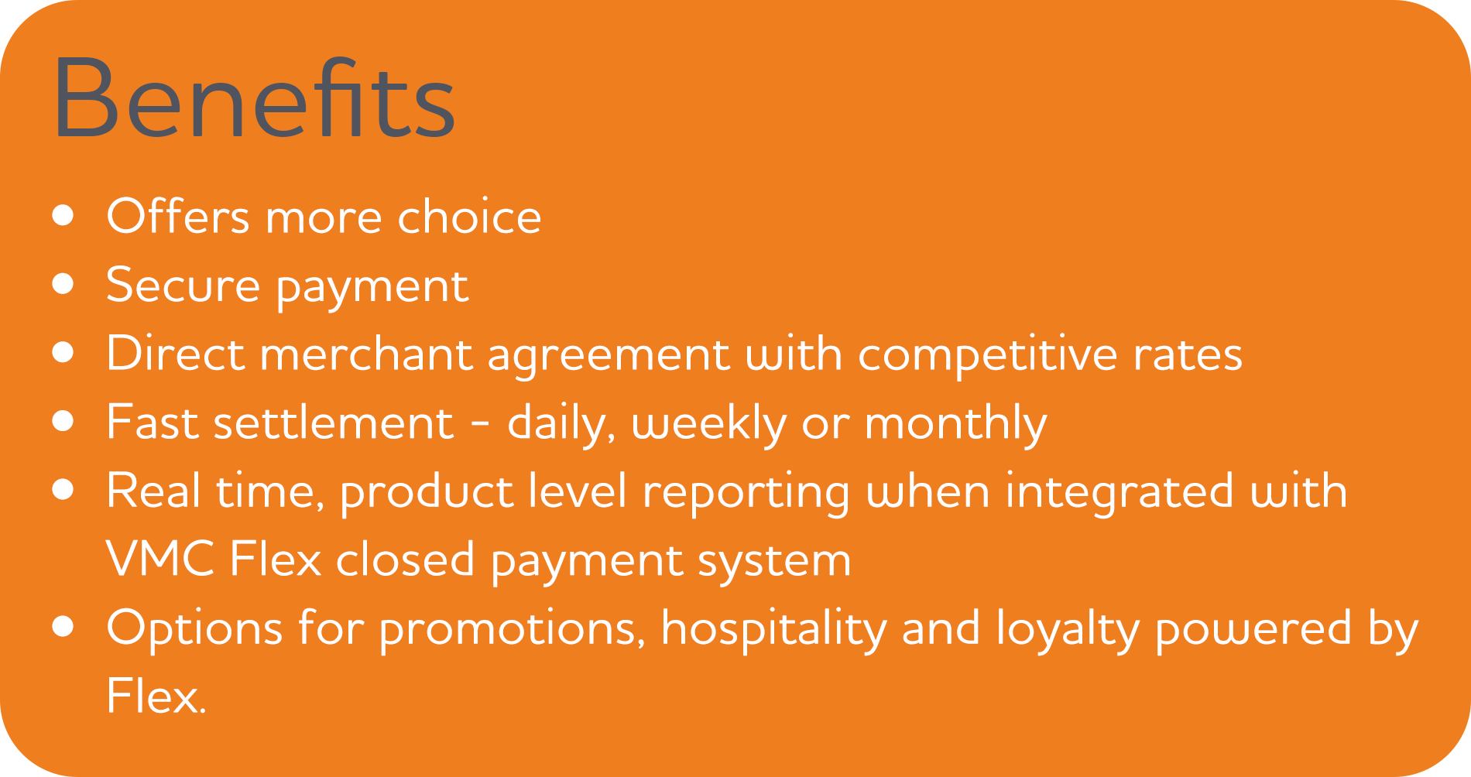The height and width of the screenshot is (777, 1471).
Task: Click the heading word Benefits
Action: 254,98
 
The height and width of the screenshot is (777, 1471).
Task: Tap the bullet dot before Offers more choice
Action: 63,215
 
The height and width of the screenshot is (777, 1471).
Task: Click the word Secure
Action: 183,285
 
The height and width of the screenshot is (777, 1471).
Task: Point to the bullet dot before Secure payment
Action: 63,284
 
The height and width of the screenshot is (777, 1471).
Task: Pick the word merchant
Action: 365,354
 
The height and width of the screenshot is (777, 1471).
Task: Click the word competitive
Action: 987,354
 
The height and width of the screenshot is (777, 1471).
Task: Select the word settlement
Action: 334,423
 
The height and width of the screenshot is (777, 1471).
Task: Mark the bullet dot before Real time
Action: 63,490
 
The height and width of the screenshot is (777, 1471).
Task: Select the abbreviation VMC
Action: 160,559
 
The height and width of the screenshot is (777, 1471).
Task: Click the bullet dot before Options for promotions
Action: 63,627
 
